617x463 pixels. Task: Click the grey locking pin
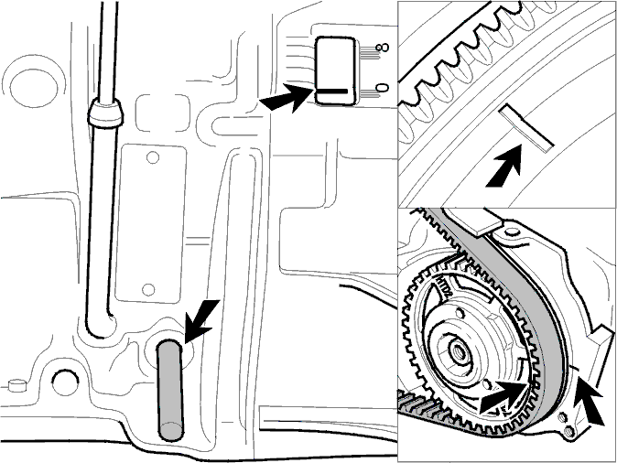[170, 390]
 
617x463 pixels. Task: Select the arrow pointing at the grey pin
[200, 320]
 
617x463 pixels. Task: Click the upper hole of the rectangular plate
[153, 158]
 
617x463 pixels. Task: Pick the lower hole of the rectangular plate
[148, 290]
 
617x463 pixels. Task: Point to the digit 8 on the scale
[382, 48]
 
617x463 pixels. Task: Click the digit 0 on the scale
[382, 88]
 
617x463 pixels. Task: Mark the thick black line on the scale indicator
[333, 92]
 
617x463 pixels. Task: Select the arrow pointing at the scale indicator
[287, 98]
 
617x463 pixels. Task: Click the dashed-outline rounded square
[163, 113]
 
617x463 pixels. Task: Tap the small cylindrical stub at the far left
[16, 385]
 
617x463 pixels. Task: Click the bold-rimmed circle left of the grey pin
[65, 382]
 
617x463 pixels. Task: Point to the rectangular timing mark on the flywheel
[526, 127]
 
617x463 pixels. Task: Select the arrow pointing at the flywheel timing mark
[505, 167]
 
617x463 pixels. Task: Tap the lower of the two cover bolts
[569, 433]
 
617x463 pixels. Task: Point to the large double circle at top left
[33, 86]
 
